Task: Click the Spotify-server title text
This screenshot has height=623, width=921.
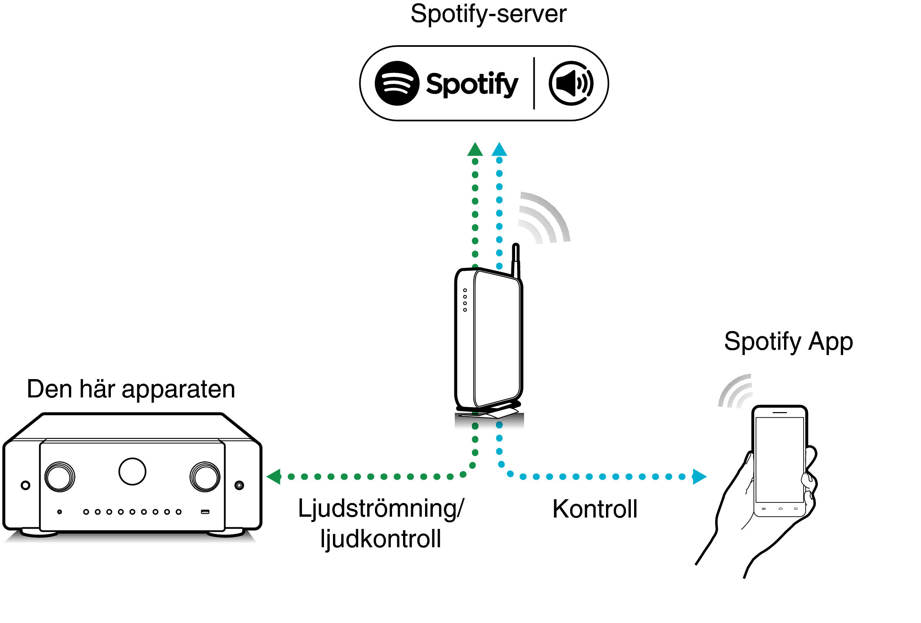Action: [x=488, y=14]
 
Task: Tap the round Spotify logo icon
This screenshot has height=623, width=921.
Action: [x=397, y=83]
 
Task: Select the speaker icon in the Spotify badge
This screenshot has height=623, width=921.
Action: [x=571, y=83]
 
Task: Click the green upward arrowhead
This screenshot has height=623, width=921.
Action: [x=475, y=149]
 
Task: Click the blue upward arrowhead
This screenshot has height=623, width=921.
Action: [x=499, y=149]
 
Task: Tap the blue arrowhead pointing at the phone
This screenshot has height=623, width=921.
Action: [x=699, y=476]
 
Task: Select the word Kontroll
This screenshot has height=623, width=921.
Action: [x=595, y=509]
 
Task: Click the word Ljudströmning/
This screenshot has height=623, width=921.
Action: [x=381, y=509]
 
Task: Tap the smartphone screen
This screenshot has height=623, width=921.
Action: [x=780, y=460]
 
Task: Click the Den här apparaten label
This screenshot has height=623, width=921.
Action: [x=131, y=389]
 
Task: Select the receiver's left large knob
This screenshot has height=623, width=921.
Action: [x=60, y=477]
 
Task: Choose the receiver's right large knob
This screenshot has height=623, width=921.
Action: [x=205, y=477]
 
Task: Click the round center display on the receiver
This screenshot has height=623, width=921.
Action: [x=132, y=472]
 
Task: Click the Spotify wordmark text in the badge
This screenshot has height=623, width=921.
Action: [x=472, y=84]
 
